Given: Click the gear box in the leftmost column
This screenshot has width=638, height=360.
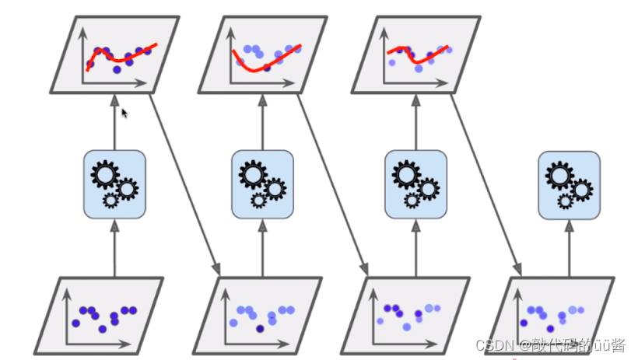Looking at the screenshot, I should [114, 183].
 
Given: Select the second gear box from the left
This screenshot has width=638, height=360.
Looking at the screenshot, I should [262, 183].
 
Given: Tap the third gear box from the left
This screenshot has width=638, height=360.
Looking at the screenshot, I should [415, 183].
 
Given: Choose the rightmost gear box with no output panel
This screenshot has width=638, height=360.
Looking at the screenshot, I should [569, 183].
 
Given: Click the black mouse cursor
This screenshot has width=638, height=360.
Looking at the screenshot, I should [124, 113].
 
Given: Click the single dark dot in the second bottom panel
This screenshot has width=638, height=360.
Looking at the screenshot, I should [260, 328].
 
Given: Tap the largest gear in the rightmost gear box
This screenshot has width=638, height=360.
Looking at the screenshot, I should [559, 175].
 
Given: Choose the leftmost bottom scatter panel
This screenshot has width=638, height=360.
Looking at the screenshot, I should [109, 316].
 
